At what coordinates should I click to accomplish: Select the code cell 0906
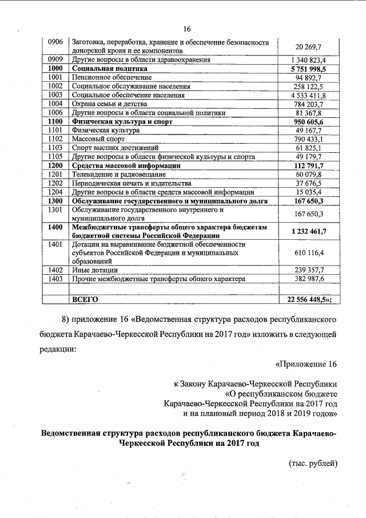(x=55, y=42)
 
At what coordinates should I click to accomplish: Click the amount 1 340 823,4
(x=308, y=60)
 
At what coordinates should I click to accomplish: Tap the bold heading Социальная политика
(x=109, y=69)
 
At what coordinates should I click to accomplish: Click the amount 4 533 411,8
(x=308, y=95)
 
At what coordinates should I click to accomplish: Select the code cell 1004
(x=55, y=104)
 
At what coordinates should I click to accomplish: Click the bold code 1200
(x=55, y=165)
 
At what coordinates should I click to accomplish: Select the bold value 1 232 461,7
(x=309, y=231)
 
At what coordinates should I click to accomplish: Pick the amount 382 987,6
(x=309, y=279)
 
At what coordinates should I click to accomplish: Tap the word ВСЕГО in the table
(x=85, y=299)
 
